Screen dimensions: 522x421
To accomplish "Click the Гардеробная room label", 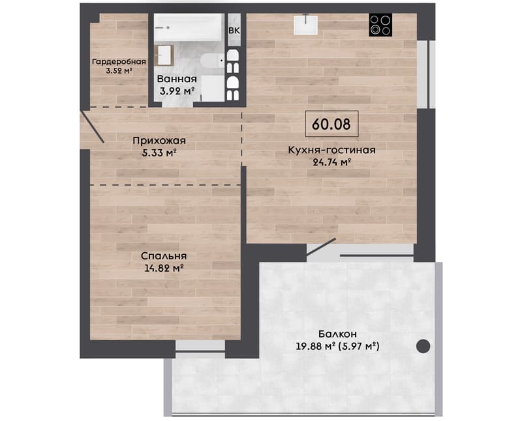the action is [x=119, y=62].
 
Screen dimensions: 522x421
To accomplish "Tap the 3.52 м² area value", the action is [x=119, y=70].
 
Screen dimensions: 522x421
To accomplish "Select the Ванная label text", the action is [x=177, y=79].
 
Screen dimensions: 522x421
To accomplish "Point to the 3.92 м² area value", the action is [x=177, y=91].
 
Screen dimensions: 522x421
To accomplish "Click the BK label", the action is [x=234, y=30].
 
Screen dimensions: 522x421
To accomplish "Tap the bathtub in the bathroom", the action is [x=188, y=27].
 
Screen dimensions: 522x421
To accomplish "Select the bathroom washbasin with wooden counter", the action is [x=164, y=55].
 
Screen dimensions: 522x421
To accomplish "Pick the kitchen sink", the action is [x=305, y=24].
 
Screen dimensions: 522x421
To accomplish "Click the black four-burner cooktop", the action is [x=380, y=25].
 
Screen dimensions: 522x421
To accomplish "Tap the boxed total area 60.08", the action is [x=331, y=124].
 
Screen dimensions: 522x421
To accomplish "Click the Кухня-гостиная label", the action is [x=331, y=151].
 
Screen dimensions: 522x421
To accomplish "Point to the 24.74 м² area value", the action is [x=332, y=162].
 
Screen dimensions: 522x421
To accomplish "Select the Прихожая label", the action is [x=159, y=141].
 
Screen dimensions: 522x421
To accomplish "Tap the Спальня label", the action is [x=164, y=256].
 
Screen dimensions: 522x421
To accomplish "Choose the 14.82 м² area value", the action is [x=164, y=268].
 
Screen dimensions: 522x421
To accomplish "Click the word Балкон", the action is [x=337, y=334].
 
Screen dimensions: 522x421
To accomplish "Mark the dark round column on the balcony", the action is [x=423, y=346].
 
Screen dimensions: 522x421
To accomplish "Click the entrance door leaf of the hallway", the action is [x=93, y=127].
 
